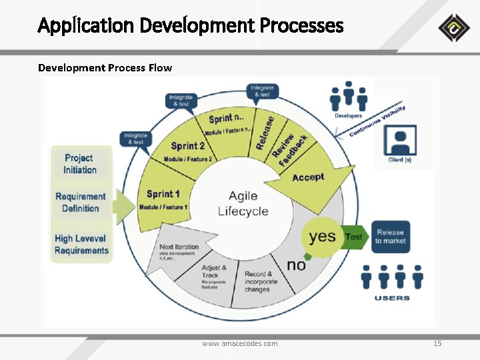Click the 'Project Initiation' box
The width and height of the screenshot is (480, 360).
coord(80,164)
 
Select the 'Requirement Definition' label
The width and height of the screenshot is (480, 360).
coord(80,202)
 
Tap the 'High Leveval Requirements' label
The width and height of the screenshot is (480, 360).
coord(81,244)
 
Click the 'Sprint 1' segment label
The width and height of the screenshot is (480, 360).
coord(163,194)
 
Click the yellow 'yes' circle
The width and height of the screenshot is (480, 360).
coord(323,236)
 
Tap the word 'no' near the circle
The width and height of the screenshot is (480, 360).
coord(296,265)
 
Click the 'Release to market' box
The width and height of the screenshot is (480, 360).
coord(390,237)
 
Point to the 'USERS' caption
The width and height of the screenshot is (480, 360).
coord(391,297)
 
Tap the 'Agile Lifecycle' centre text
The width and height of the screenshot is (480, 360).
coord(243,203)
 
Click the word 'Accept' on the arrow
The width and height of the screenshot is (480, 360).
coord(308,177)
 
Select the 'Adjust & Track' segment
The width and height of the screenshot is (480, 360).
coord(214,275)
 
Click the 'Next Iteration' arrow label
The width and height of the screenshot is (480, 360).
coord(179,247)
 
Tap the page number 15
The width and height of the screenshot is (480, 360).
coord(437,343)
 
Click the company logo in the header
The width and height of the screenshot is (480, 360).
coord(454,27)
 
